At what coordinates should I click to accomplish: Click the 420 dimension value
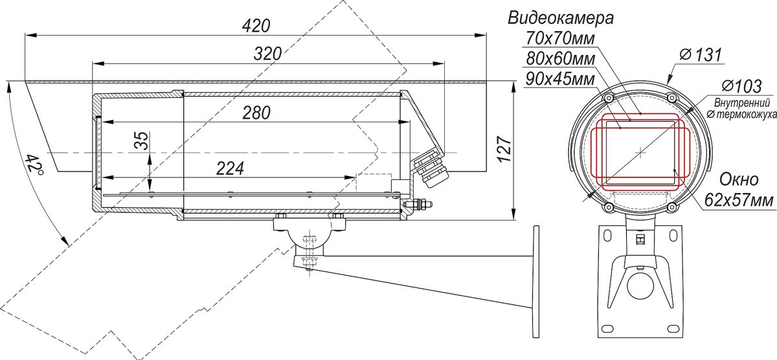click(x=256, y=27)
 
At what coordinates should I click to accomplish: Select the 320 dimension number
click(x=267, y=54)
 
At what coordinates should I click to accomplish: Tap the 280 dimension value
click(x=256, y=113)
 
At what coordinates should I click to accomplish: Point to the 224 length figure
click(x=230, y=169)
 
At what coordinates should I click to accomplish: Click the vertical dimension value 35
click(x=142, y=141)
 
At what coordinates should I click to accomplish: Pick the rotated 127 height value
click(x=504, y=149)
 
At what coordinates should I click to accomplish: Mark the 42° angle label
click(x=34, y=164)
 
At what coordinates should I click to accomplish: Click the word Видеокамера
click(x=561, y=18)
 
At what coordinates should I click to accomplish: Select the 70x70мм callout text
click(x=560, y=38)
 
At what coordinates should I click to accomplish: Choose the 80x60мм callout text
click(x=560, y=59)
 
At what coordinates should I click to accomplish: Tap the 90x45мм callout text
click(x=560, y=80)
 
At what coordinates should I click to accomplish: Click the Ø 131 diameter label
click(x=701, y=55)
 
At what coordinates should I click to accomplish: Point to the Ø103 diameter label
click(x=741, y=86)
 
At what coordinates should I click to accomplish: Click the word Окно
click(x=739, y=179)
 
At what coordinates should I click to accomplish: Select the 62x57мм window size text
click(x=739, y=201)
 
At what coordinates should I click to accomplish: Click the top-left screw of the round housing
click(x=608, y=98)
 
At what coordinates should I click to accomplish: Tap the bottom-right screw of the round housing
click(x=672, y=207)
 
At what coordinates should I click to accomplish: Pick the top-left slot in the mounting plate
click(x=607, y=236)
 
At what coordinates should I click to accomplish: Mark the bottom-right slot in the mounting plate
click(x=673, y=330)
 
